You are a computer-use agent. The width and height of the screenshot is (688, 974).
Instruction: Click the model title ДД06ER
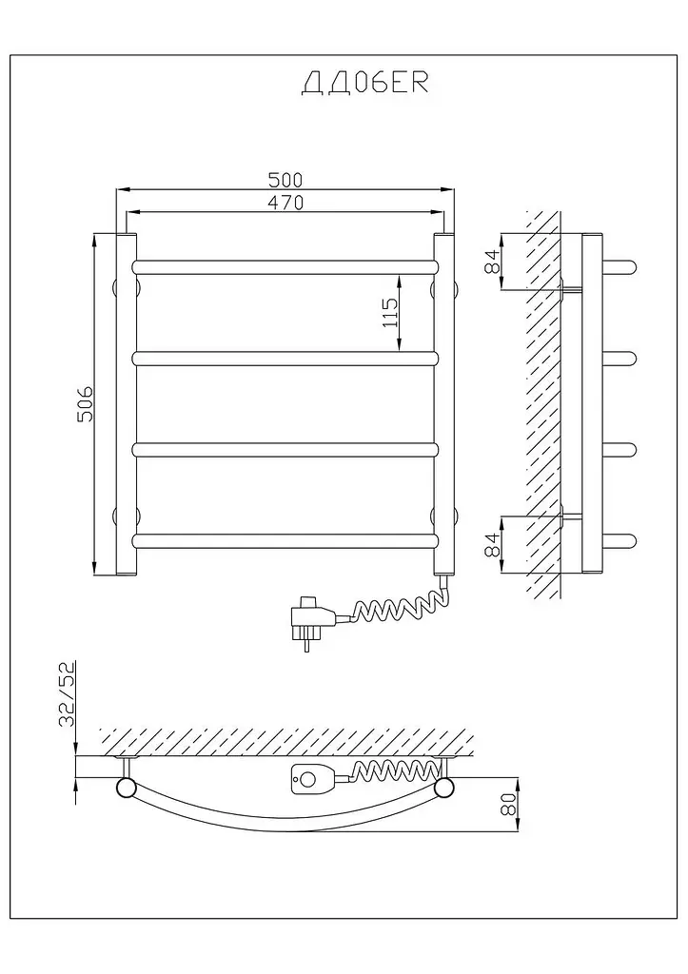coord(364,84)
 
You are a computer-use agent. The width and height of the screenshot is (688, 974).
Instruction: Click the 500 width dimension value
coord(285,180)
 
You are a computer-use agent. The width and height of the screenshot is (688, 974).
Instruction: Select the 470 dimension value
coord(285,203)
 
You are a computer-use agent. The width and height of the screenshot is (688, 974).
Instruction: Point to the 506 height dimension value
coord(84,403)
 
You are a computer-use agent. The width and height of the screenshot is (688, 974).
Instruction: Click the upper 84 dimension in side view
coord(492,261)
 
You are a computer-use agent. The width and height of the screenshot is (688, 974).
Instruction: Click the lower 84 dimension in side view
coord(492,545)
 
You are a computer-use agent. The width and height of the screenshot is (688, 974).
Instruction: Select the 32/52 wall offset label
coord(67,694)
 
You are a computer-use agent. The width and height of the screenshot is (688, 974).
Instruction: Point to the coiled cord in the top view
coord(391,770)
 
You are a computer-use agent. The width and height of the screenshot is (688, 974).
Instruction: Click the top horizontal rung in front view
coord(285,267)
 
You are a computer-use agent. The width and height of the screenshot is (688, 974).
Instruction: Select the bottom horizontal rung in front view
coord(285,541)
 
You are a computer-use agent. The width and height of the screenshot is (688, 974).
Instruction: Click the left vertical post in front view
coord(127,404)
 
